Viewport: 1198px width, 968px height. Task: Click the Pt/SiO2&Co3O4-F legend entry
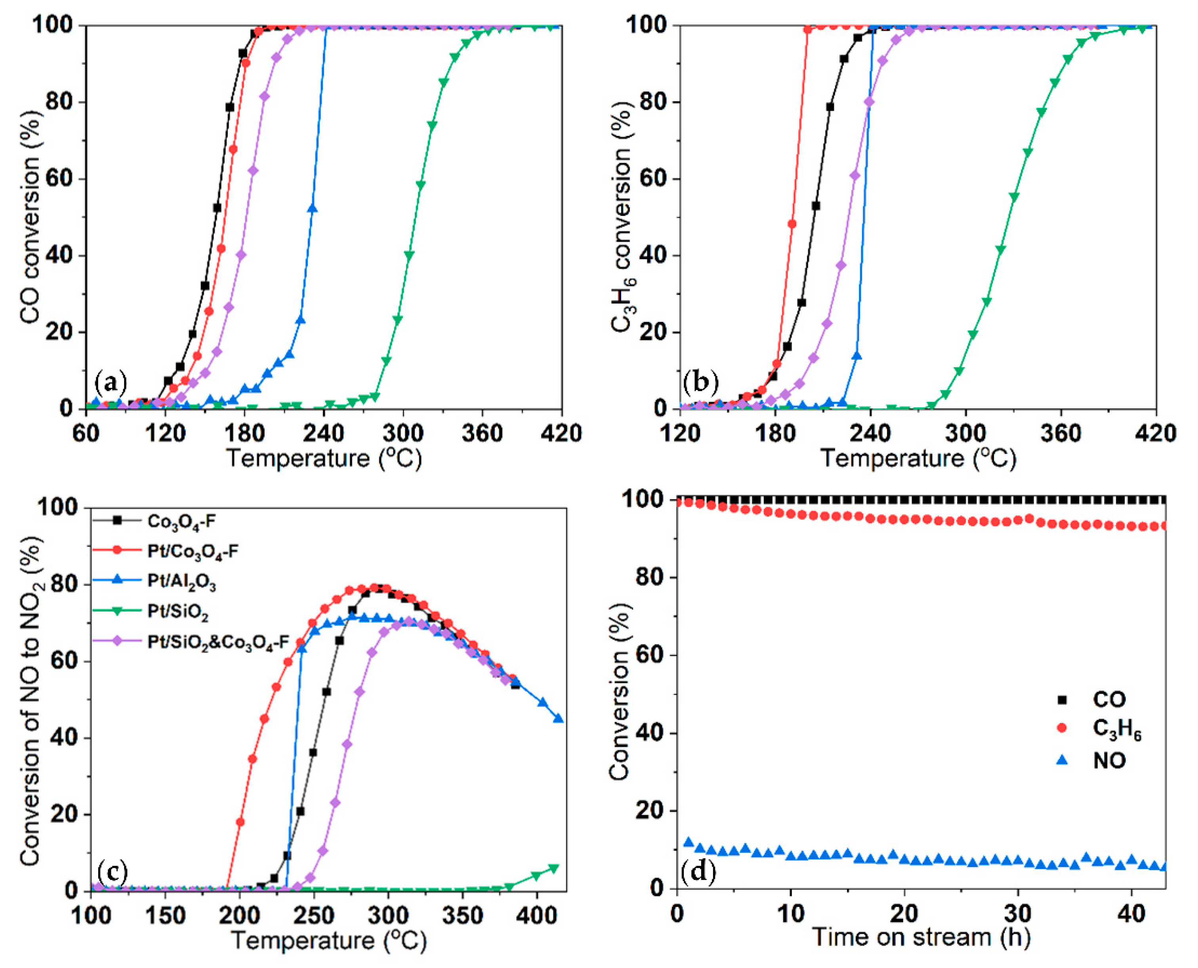[x=217, y=642]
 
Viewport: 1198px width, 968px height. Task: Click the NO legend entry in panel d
[x=1109, y=761]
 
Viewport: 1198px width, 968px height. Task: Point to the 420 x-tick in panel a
[x=561, y=433]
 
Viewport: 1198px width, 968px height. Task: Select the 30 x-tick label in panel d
[x=1018, y=913]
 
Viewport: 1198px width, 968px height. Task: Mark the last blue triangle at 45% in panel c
[x=559, y=719]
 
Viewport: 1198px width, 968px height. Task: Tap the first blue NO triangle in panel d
[x=689, y=842]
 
